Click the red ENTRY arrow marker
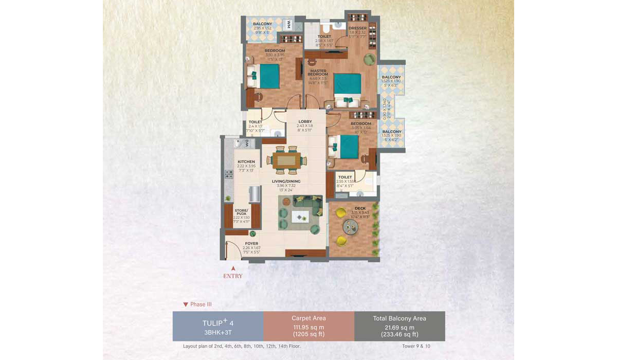click(x=233, y=268)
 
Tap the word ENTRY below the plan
click(x=233, y=276)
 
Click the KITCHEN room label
click(x=246, y=161)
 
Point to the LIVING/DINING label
click(x=286, y=182)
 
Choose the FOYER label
click(x=251, y=243)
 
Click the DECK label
click(x=353, y=208)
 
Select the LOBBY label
click(x=305, y=121)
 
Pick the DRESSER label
click(x=357, y=28)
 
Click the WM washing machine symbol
click(x=288, y=24)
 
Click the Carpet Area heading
click(x=308, y=318)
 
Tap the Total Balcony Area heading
click(x=400, y=318)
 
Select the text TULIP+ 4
click(x=218, y=322)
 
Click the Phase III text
click(x=201, y=304)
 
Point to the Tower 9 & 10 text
click(x=417, y=346)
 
